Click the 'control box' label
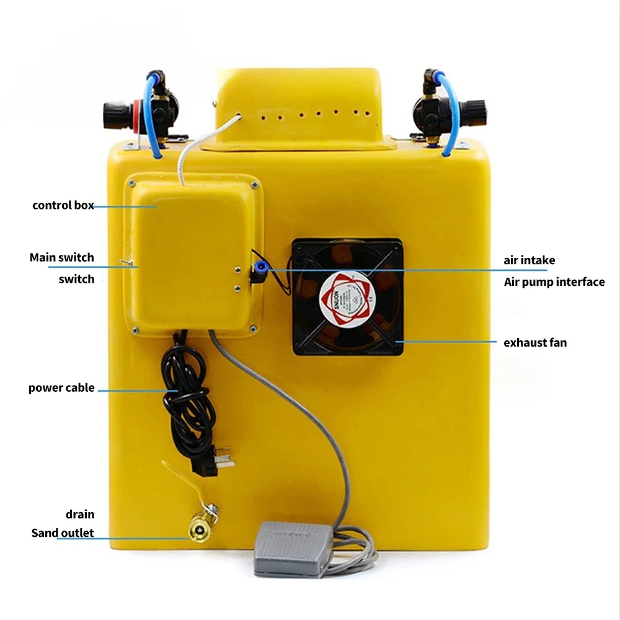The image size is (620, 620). point(63,205)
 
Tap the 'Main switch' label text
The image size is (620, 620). point(61,257)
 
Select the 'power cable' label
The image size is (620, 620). point(61,388)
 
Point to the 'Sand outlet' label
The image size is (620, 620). point(63,533)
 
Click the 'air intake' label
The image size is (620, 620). point(529,260)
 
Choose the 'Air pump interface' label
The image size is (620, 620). point(554,282)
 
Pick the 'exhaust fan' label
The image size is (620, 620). point(534,342)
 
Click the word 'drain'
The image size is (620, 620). point(80,514)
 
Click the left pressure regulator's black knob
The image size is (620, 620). point(116,115)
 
